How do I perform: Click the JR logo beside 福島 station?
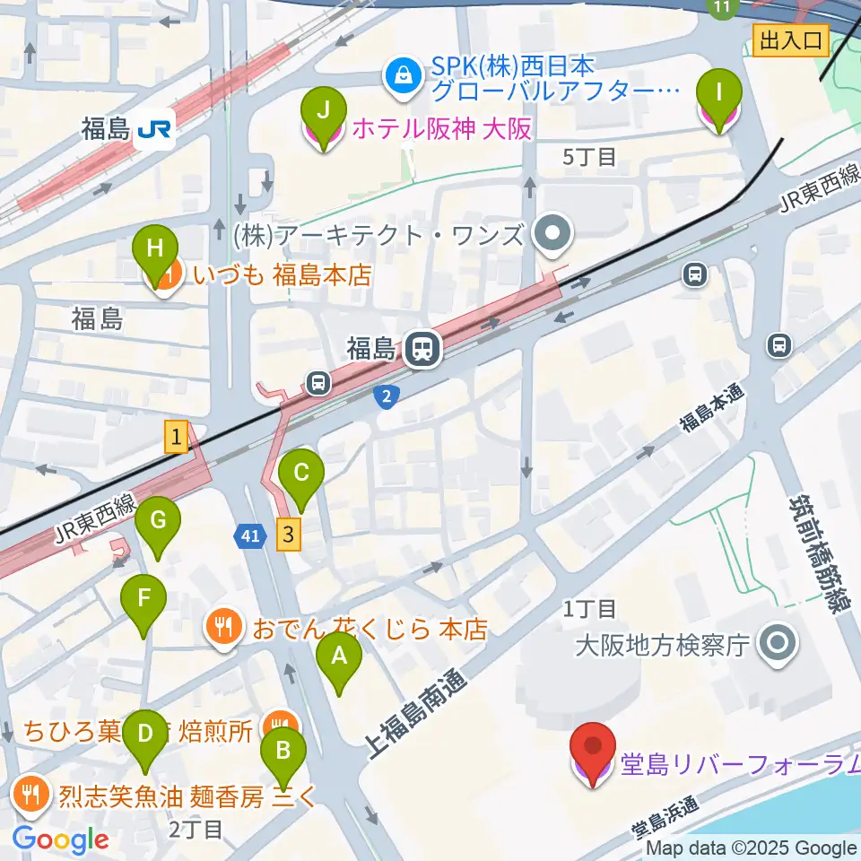pyautogui.click(x=154, y=131)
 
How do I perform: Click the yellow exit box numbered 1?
pyautogui.click(x=176, y=438)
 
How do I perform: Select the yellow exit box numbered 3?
pyautogui.click(x=287, y=535)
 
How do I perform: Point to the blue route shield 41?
pyautogui.click(x=251, y=536)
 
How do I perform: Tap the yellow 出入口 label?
pyautogui.click(x=790, y=40)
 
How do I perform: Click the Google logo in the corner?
pyautogui.click(x=61, y=839)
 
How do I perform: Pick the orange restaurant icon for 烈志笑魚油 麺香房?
pyautogui.click(x=32, y=792)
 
